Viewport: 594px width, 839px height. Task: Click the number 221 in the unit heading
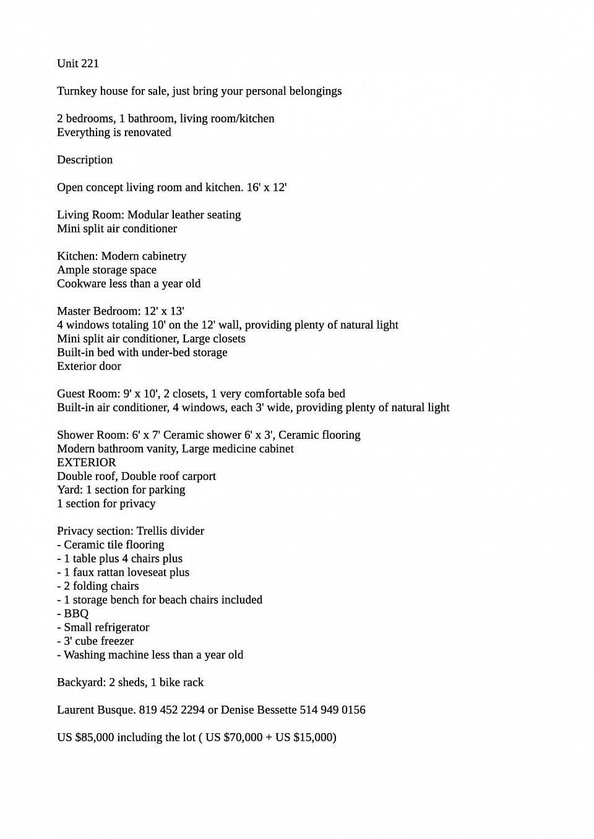coord(89,63)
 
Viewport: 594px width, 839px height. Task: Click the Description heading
coord(85,160)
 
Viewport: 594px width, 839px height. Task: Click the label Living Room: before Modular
coord(90,215)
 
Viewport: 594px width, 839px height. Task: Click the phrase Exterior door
coord(89,366)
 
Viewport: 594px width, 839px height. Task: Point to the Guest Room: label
coord(88,394)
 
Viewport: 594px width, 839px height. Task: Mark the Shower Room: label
coord(93,434)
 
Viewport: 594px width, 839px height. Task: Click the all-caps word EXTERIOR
coord(87,462)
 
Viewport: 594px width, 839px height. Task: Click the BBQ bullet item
coord(76,613)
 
